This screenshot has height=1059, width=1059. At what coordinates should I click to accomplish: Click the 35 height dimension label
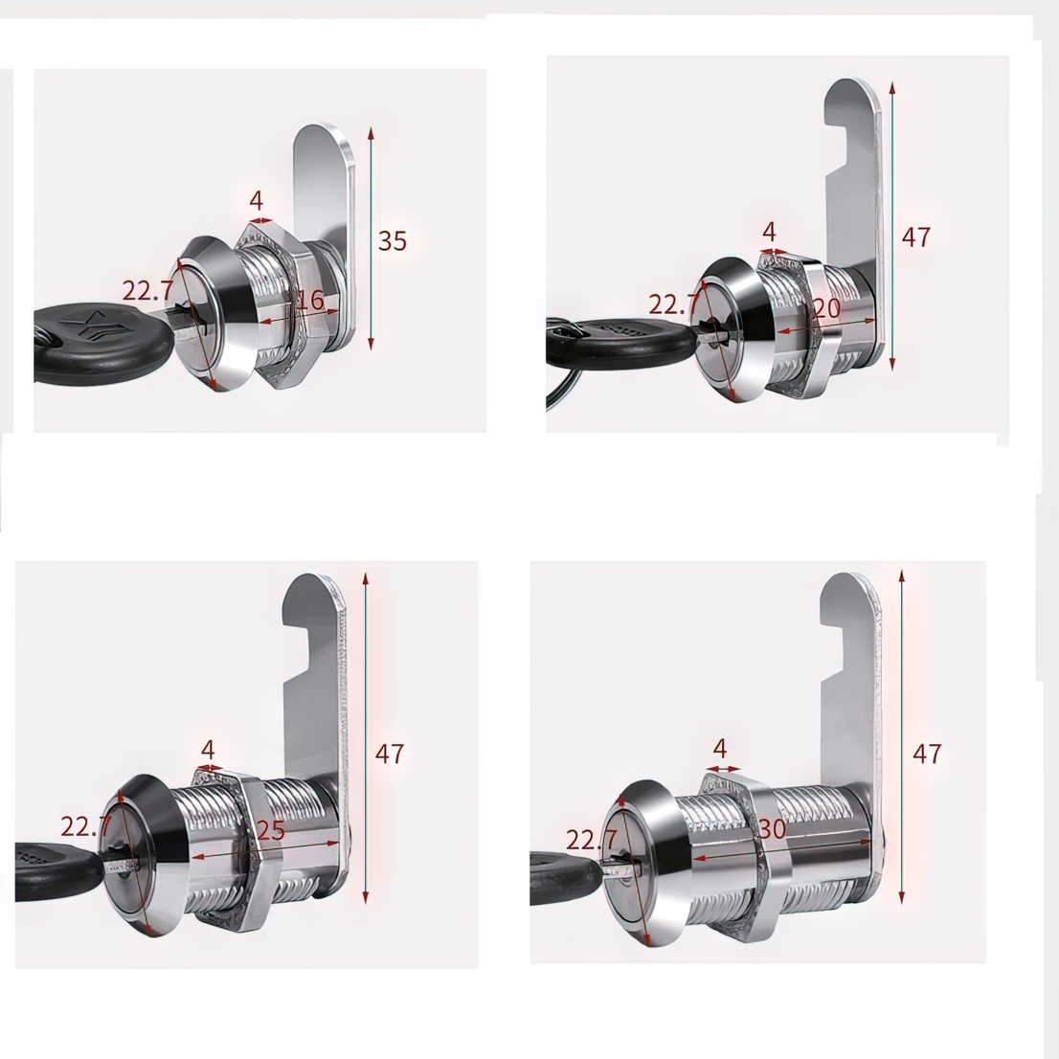coord(393,241)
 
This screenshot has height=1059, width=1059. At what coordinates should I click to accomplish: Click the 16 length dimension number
coord(310,299)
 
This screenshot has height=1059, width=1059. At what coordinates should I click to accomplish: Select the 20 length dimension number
coord(826,308)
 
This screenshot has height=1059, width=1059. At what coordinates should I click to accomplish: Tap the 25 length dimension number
coord(270,829)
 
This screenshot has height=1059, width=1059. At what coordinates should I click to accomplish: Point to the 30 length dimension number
coord(772,828)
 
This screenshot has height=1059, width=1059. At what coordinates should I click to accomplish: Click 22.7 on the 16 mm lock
coord(147,290)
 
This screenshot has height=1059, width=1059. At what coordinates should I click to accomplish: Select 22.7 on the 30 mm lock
coord(591,840)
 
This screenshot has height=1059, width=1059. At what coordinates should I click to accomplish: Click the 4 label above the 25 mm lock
coord(208,750)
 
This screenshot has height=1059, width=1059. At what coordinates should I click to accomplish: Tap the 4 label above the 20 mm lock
coord(769,232)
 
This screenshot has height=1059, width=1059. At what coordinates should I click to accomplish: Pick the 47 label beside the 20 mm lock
coord(915,237)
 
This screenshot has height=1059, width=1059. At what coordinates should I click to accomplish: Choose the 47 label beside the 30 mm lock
coord(927,754)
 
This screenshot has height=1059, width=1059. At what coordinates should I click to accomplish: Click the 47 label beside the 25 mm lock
coord(390,754)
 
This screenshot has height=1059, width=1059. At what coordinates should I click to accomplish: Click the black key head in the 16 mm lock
coord(101,343)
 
